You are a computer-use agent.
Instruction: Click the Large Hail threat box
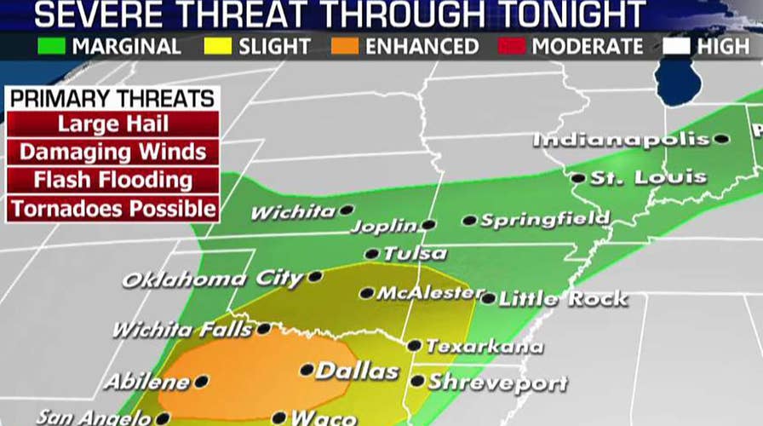coord(112,124)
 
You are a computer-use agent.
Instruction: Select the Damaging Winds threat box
coord(112,152)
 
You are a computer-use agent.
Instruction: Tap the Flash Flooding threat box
coord(112,180)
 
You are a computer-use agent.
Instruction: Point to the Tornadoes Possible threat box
coord(112,208)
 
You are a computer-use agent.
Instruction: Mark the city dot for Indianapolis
coord(721,139)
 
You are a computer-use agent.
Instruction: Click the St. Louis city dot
coord(578,178)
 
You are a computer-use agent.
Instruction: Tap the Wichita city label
coord(292,212)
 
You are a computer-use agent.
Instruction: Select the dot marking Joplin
coord(428,225)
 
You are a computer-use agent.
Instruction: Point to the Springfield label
coord(545,220)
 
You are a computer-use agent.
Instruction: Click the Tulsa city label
coord(414,254)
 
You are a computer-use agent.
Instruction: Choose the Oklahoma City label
coord(212,279)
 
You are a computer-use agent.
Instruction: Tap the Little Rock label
coord(563,299)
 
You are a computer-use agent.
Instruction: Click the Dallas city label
coord(357,371)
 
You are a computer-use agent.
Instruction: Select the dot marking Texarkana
coord(414,346)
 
